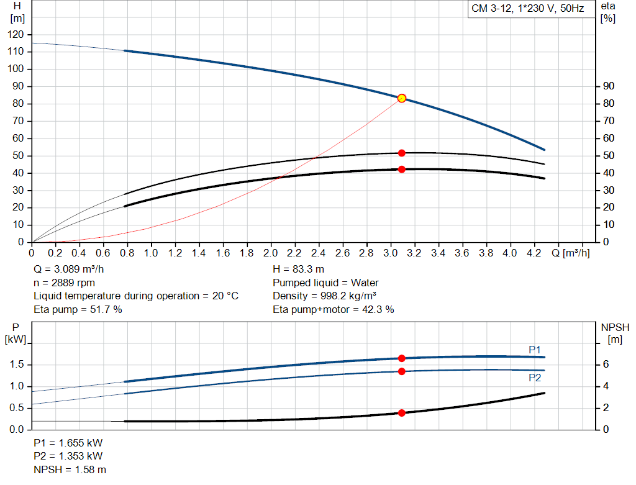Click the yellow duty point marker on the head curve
(x=402, y=98)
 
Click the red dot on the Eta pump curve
(x=402, y=153)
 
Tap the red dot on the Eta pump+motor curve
(x=402, y=169)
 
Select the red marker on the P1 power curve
(x=402, y=358)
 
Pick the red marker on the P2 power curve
(x=402, y=371)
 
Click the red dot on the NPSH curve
(x=402, y=413)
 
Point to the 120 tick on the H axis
(x=17, y=34)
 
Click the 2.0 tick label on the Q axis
(x=270, y=253)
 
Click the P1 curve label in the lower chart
(x=535, y=350)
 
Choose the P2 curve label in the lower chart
(x=535, y=378)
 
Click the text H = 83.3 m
(x=298, y=269)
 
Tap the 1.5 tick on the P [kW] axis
(x=17, y=365)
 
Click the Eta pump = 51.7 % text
(x=78, y=309)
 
